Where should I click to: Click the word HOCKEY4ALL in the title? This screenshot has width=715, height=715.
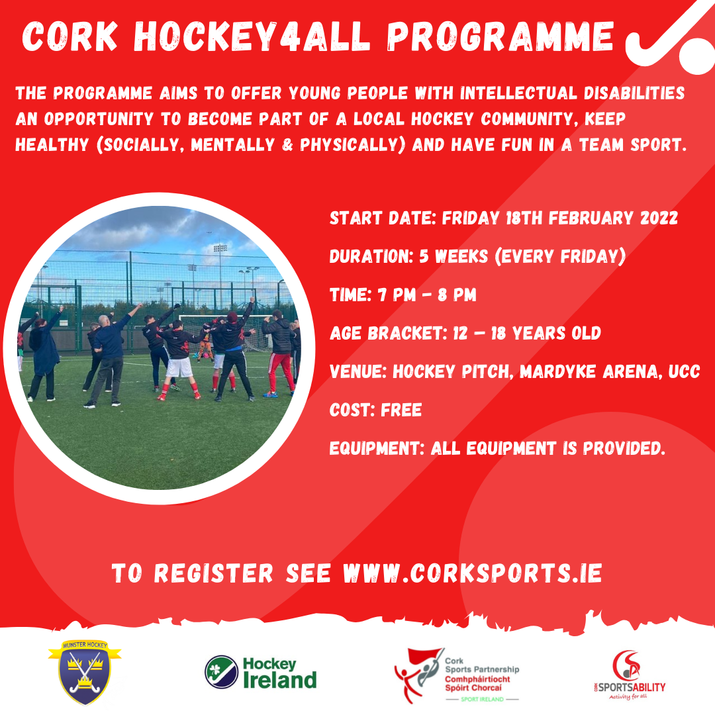click(x=252, y=36)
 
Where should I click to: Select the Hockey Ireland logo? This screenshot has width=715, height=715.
click(x=260, y=673)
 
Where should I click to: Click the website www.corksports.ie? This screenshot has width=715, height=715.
click(x=473, y=573)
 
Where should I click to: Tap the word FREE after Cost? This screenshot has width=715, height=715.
click(x=401, y=410)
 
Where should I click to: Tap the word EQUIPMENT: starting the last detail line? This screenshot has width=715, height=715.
click(x=377, y=448)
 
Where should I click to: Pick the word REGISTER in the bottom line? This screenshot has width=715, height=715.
click(x=213, y=573)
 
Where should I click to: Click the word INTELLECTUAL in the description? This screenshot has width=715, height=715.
click(x=518, y=93)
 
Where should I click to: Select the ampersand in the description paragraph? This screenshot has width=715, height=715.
click(x=287, y=145)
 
